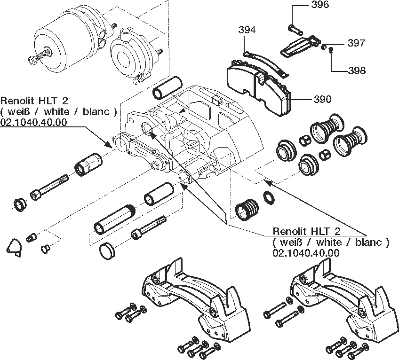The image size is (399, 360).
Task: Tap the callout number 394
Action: [x=247, y=31]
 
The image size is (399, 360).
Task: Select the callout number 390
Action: [x=322, y=99]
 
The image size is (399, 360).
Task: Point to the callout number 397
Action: [x=356, y=43]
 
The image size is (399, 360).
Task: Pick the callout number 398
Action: [x=357, y=70]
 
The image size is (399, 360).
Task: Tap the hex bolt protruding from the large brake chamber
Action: [x=37, y=59]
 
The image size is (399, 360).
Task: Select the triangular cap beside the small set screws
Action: [x=15, y=247]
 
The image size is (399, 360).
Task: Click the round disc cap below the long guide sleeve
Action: [x=108, y=250]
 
